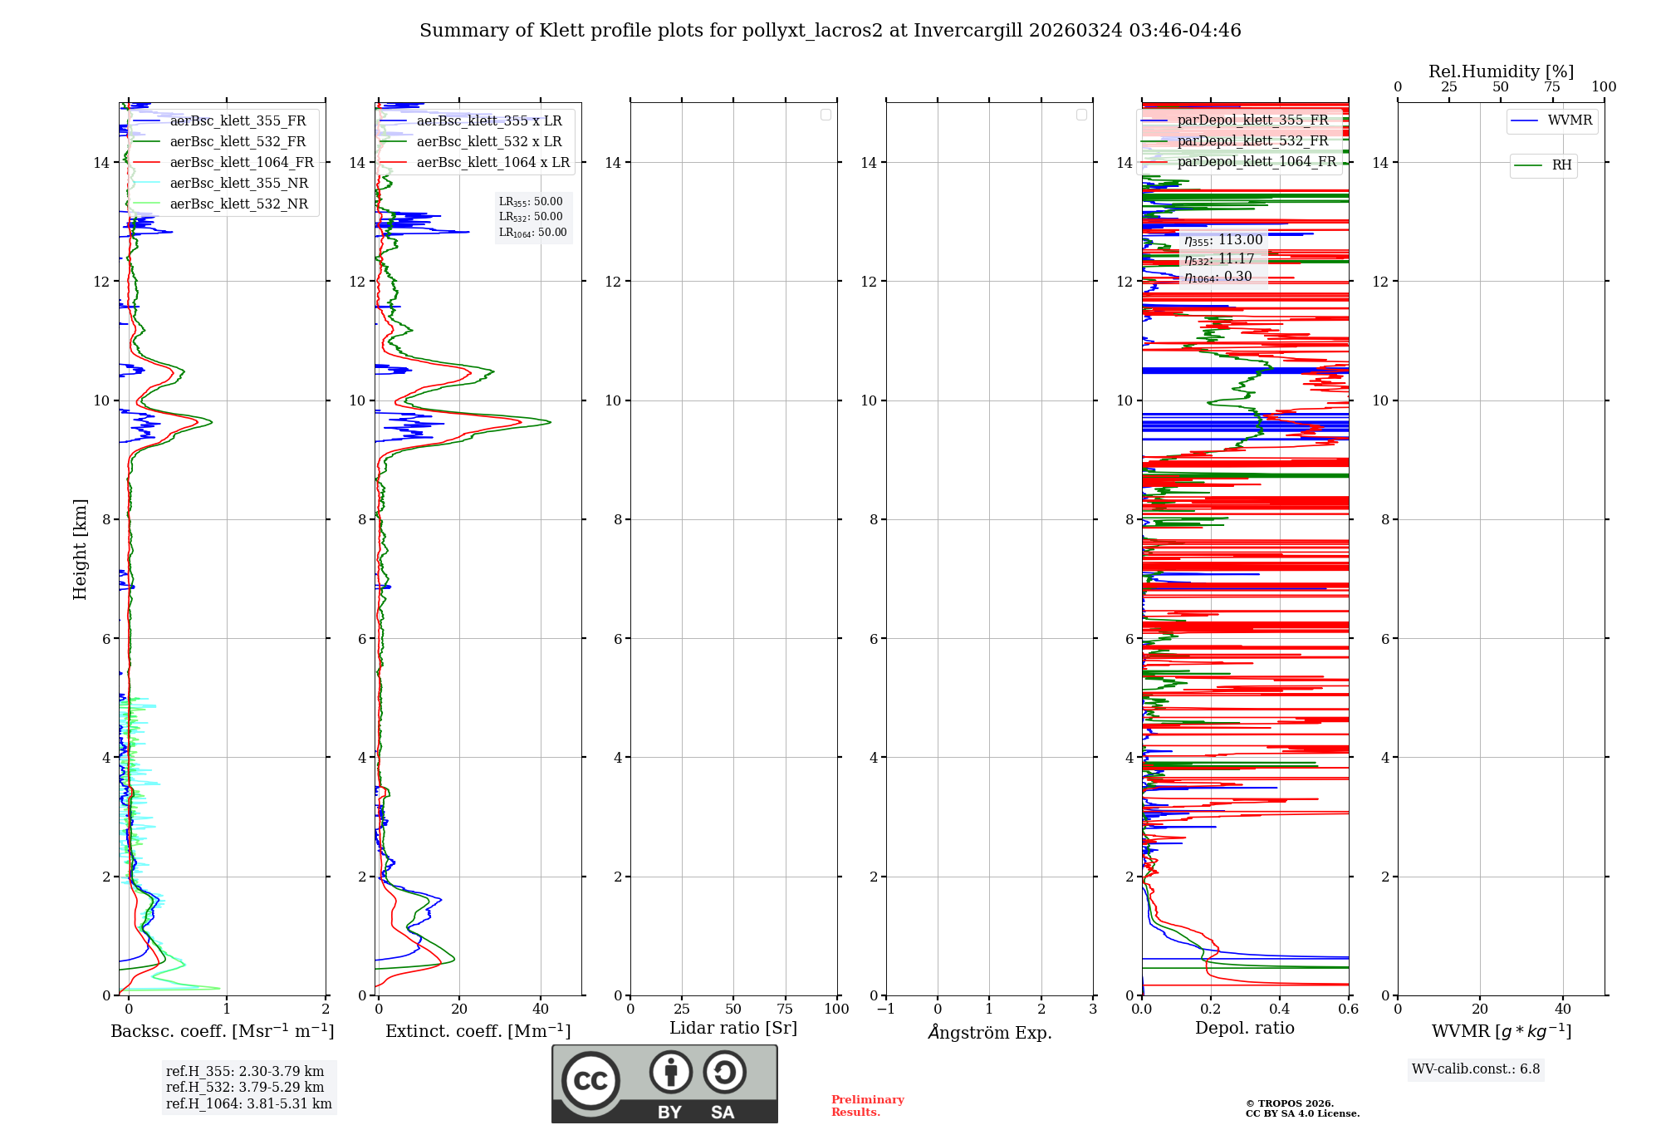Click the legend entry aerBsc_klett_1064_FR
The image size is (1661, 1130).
(x=242, y=163)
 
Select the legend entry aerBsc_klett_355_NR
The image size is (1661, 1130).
(x=239, y=184)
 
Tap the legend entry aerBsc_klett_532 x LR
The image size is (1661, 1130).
(x=488, y=142)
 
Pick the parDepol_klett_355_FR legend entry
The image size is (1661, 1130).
(x=1252, y=120)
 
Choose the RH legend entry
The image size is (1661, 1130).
(x=1561, y=165)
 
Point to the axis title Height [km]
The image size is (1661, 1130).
(x=80, y=549)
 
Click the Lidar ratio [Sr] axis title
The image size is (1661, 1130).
(x=733, y=1029)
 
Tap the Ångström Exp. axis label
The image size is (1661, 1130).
(x=989, y=1032)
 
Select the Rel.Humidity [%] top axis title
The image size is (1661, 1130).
(x=1501, y=71)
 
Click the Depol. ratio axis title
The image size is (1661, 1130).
(x=1244, y=1029)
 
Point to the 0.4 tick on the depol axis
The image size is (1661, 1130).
(x=1280, y=1010)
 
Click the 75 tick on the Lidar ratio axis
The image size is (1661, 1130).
(x=785, y=1010)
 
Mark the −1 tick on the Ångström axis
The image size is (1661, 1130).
(x=886, y=1010)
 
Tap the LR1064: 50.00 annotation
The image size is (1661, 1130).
(x=533, y=233)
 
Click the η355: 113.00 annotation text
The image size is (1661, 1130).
(x=1223, y=240)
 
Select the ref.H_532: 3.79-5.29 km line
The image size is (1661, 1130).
(x=245, y=1088)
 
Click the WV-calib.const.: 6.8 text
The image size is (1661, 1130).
(x=1476, y=1069)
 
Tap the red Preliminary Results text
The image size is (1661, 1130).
(x=867, y=1106)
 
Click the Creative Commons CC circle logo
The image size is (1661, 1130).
(x=590, y=1080)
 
